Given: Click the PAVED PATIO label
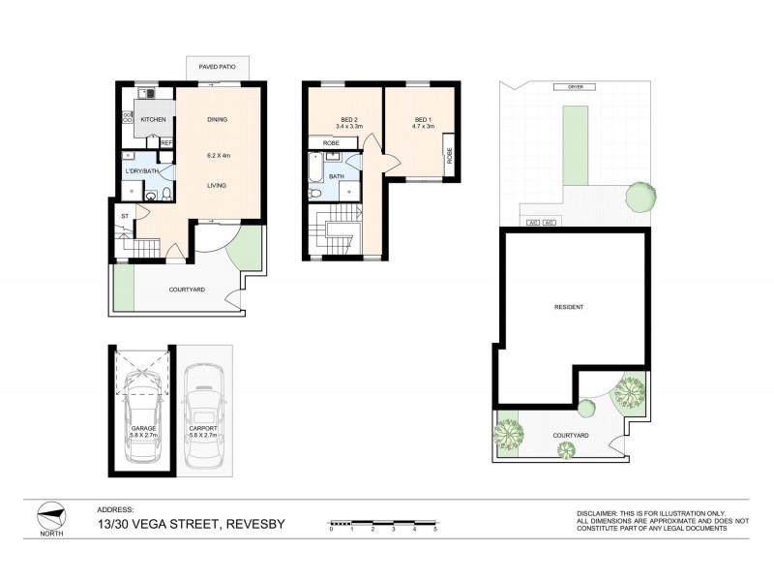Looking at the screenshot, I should [x=219, y=68].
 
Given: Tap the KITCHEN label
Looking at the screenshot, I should [x=153, y=119].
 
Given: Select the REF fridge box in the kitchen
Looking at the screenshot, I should [x=166, y=143].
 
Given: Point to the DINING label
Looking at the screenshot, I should [x=218, y=119].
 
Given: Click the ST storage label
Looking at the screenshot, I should [x=125, y=216].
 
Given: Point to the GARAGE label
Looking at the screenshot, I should [x=144, y=428].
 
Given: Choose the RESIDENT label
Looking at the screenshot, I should [x=569, y=307].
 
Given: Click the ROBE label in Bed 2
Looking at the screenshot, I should [x=330, y=142].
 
